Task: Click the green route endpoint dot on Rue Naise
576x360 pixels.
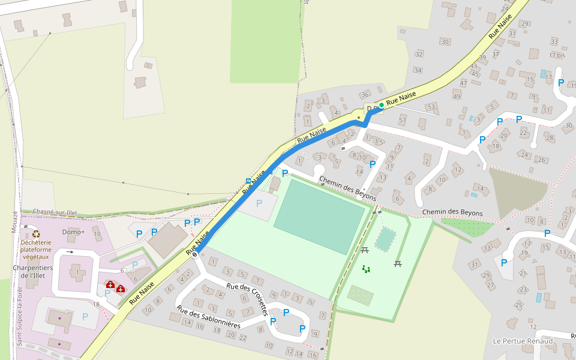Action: [381, 105]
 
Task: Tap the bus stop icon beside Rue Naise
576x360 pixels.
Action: [248, 181]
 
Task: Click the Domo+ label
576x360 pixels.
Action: [74, 232]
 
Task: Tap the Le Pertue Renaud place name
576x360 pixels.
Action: [522, 341]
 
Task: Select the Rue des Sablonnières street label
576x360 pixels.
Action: [208, 316]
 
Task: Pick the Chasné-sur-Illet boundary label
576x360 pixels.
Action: [55, 212]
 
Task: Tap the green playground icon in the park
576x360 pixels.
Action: [366, 269]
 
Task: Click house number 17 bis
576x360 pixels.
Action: [557, 55]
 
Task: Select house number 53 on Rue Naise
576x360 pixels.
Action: [430, 107]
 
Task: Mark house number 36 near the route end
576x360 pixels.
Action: [364, 95]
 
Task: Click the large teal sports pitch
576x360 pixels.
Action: [319, 217]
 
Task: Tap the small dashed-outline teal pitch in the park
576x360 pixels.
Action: [385, 239]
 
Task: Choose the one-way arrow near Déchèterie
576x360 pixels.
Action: [70, 252]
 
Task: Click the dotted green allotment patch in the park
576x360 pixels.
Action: [360, 295]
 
